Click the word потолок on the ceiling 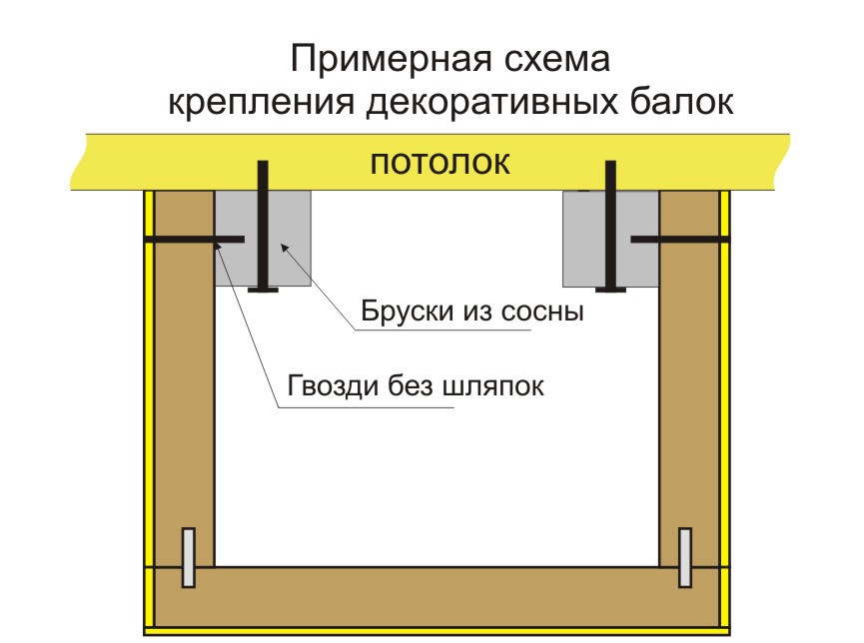439,163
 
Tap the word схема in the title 557,59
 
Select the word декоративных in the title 492,103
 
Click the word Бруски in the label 408,312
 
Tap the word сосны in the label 542,313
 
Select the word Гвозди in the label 333,386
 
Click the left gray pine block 263,239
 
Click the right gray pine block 610,239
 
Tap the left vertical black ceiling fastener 263,226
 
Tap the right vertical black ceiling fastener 610,226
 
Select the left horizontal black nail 195,240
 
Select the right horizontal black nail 680,240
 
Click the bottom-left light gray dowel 189,557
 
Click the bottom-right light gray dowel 685,557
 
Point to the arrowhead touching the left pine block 285,248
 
